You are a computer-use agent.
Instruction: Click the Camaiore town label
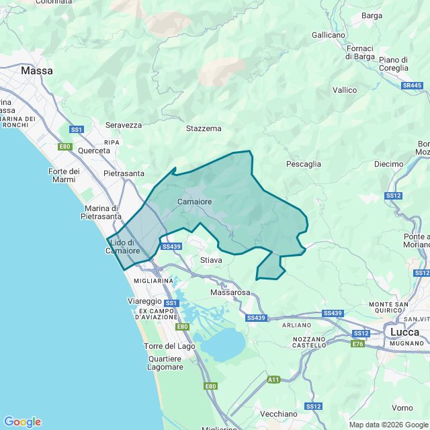tap(195, 202)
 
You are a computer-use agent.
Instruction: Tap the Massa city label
tap(37, 70)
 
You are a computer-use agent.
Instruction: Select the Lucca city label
tap(404, 332)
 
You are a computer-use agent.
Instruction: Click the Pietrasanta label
tap(124, 173)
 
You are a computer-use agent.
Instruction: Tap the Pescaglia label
tap(304, 164)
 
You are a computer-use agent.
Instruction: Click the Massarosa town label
tap(230, 293)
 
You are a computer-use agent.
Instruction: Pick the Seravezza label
tap(124, 125)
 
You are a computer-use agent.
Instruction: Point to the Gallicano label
tap(329, 34)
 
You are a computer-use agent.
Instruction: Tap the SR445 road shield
tap(412, 86)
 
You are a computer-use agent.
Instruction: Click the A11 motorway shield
tap(273, 380)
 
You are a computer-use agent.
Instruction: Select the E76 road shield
tap(357, 343)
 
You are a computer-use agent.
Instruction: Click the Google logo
tap(22, 422)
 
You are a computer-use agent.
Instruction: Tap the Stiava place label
tap(211, 259)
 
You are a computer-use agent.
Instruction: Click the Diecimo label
tap(388, 164)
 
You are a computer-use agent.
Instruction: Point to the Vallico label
tap(345, 89)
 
